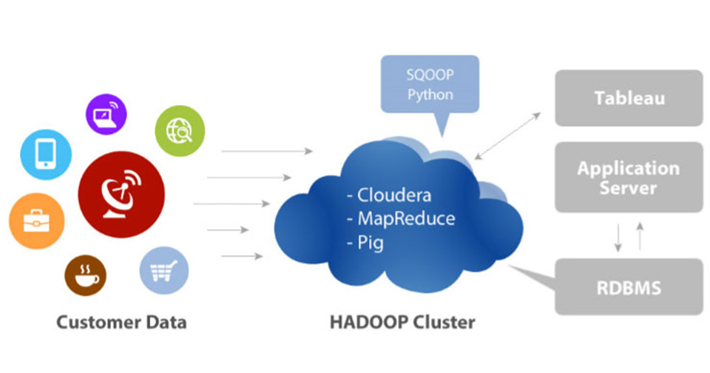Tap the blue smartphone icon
click(x=46, y=154)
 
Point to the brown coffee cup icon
click(x=86, y=275)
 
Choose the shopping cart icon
click(x=164, y=269)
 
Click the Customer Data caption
click(x=122, y=323)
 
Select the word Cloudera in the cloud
click(x=393, y=195)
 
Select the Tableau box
click(x=629, y=98)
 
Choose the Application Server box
click(x=629, y=178)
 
